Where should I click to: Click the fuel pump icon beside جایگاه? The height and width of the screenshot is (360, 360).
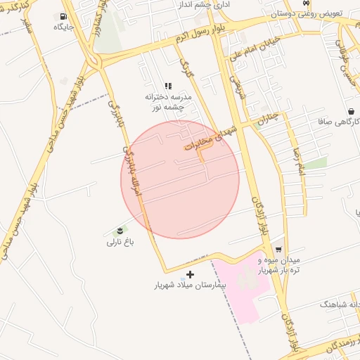[64, 15]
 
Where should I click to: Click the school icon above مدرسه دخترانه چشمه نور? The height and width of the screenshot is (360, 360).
[167, 86]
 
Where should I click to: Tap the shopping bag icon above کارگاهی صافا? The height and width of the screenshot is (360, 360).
[350, 111]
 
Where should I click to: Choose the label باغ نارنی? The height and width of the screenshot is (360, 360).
[120, 243]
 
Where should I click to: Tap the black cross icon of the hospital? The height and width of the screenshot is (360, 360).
[190, 274]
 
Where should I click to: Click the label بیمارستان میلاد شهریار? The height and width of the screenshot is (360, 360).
[191, 286]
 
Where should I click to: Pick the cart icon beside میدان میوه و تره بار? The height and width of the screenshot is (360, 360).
[279, 250]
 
